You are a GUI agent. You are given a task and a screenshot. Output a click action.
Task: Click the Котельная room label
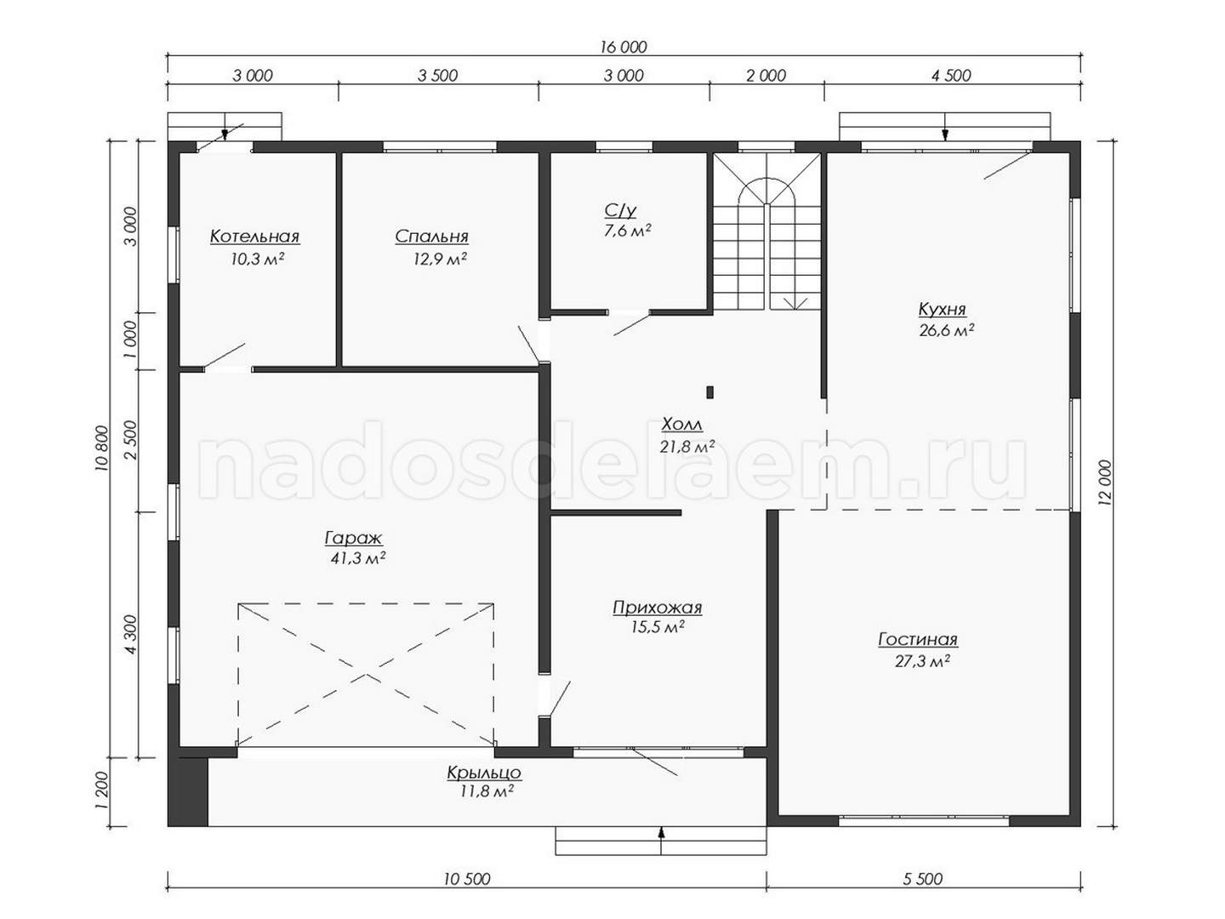click(x=254, y=237)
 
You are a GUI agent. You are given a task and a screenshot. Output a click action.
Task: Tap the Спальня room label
click(x=431, y=237)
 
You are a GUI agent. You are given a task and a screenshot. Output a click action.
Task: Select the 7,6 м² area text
click(x=627, y=231)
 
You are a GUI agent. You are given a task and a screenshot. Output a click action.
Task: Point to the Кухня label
click(x=942, y=309)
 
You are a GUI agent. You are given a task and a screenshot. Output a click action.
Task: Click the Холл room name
click(x=682, y=425)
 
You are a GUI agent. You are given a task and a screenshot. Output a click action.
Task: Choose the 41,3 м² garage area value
click(x=358, y=558)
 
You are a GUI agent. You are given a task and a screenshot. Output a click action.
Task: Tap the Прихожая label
click(x=658, y=607)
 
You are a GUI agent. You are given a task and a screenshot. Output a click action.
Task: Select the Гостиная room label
click(x=918, y=639)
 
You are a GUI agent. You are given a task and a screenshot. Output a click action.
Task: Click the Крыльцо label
click(x=484, y=773)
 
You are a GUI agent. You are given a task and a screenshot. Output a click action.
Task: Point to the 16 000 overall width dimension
click(x=624, y=47)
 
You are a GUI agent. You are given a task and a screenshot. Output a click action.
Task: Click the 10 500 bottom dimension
click(x=467, y=879)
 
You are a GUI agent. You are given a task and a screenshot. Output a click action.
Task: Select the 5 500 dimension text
click(x=922, y=879)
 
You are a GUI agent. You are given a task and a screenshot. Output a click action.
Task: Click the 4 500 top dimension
click(x=951, y=76)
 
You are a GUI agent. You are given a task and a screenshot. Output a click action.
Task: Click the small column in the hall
click(x=709, y=392)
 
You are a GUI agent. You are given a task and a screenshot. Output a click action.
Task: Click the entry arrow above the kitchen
click(x=945, y=127)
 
